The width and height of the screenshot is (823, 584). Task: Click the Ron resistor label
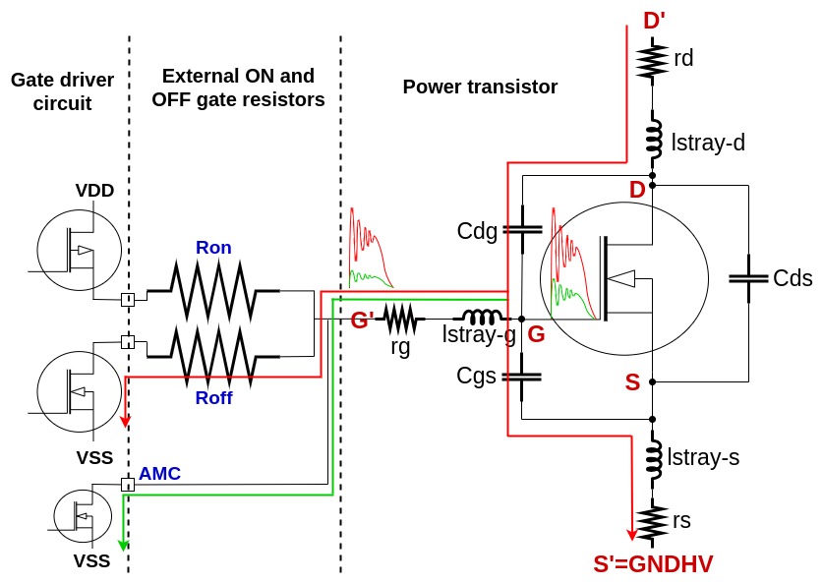213,248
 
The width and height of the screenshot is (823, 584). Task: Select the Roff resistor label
213,397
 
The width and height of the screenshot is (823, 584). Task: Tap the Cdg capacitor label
478,231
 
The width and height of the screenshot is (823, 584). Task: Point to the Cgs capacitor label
478,376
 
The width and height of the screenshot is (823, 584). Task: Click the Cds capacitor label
793,278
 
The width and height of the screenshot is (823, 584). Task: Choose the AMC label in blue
159,473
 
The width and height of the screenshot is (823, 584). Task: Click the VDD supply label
95,190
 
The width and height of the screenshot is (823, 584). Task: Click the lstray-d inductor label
707,143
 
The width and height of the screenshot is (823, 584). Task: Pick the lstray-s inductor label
704,456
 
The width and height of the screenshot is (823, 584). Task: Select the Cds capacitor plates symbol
749,279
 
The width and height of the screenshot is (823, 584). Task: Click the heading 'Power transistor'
480,87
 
